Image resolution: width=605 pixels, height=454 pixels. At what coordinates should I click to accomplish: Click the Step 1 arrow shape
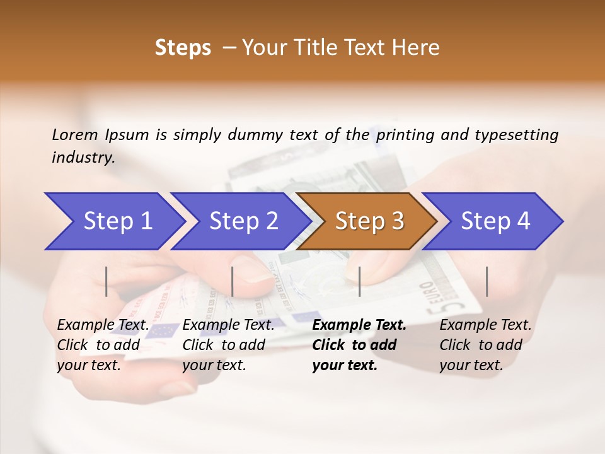(113, 221)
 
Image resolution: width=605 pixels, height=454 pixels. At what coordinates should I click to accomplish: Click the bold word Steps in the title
(183, 48)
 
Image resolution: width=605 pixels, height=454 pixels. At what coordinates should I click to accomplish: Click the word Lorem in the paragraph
(75, 134)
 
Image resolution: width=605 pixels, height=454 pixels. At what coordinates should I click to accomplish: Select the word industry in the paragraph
(83, 158)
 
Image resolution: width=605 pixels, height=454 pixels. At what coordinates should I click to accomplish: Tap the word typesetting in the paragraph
(516, 134)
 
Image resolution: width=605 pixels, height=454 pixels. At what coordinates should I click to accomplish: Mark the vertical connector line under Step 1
(107, 281)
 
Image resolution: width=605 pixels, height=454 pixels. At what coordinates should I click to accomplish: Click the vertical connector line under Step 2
(233, 281)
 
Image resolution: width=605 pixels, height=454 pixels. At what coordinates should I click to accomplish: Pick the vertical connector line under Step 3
(359, 281)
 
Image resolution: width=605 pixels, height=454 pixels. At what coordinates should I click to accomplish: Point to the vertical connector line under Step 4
(487, 281)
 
